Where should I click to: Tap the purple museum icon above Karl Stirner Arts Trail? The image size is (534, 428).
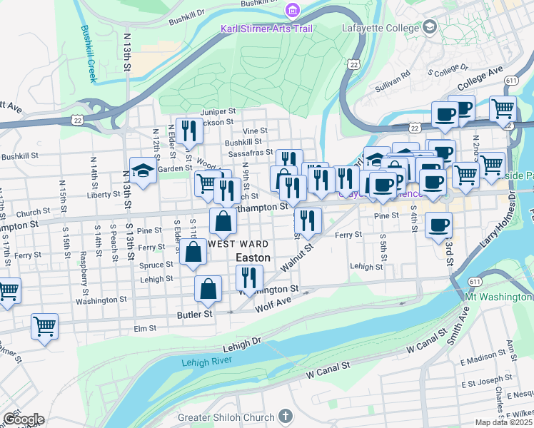point(291,10)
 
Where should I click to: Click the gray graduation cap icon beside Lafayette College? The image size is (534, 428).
point(429,27)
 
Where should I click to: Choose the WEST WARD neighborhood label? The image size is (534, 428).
point(238,244)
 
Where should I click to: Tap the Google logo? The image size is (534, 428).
point(23,419)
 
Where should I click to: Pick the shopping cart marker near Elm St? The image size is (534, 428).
point(44,327)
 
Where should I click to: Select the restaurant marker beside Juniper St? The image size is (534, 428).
point(188,130)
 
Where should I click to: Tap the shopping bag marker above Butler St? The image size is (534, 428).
point(208,289)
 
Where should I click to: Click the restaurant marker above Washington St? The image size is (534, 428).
point(249,277)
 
